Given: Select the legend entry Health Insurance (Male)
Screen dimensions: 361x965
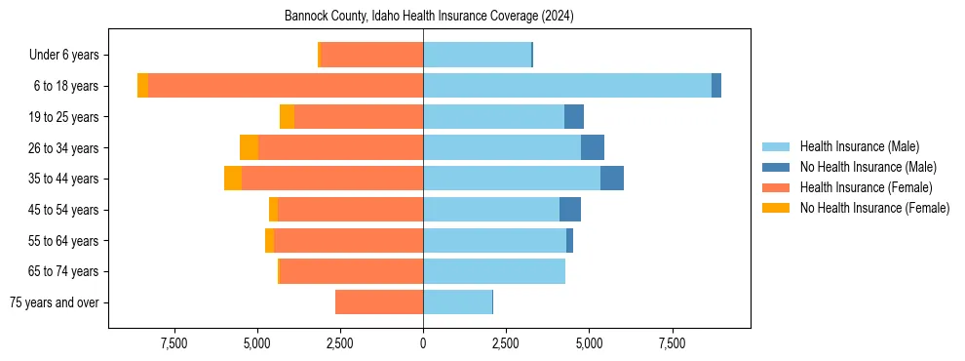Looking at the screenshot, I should [859, 146].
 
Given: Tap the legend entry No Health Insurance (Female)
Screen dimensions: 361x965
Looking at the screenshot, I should [874, 208].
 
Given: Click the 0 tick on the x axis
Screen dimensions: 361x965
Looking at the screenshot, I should [423, 343].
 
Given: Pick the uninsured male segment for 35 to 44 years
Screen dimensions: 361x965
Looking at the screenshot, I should [612, 179].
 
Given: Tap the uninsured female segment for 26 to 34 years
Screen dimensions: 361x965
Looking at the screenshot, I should [250, 147].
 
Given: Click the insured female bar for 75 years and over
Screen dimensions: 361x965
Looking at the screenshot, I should [379, 302].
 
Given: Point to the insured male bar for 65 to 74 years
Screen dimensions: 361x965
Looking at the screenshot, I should [494, 271].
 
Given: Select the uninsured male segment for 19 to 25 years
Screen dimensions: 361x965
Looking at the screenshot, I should [574, 117].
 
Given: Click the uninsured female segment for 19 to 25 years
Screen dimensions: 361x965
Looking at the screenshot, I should [288, 117].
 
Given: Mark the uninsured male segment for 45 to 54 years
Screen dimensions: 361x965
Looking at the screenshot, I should [570, 210].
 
